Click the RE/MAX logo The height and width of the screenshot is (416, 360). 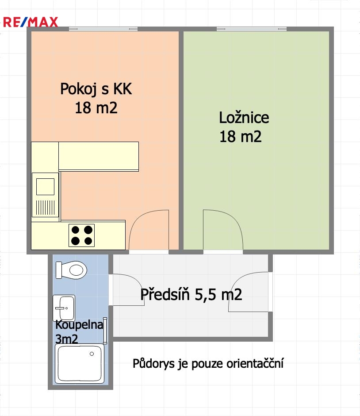(31, 22)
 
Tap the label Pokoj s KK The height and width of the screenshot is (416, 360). (96, 89)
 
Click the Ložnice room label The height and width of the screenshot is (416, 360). (244, 117)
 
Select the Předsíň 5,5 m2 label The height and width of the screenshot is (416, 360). (191, 294)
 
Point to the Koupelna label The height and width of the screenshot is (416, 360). (79, 324)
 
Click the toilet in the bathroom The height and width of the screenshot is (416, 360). (71, 270)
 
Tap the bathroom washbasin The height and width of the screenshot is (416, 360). (64, 308)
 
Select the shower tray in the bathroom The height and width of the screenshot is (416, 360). (80, 363)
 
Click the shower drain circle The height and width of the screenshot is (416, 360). (92, 354)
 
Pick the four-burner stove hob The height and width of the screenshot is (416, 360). (82, 235)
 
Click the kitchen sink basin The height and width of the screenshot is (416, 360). (45, 187)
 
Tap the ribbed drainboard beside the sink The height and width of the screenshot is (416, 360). (45, 208)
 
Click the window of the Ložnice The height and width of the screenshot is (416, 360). (252, 29)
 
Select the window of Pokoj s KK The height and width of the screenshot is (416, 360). (103, 29)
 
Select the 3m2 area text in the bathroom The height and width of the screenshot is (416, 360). (66, 339)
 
